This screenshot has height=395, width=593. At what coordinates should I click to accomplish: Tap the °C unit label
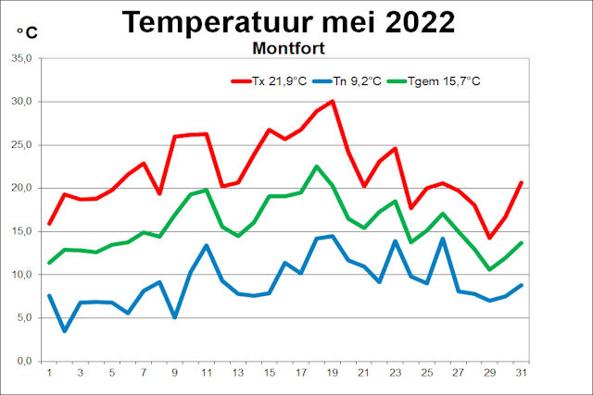[27, 33]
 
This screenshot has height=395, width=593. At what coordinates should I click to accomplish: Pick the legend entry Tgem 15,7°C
[438, 80]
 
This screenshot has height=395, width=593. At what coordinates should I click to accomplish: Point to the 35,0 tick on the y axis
[20, 58]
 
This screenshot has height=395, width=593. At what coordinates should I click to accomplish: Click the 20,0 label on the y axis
[20, 188]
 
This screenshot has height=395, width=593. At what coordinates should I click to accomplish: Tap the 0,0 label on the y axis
[23, 361]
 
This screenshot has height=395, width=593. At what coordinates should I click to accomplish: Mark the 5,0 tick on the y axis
[23, 317]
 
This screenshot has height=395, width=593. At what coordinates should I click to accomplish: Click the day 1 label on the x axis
[49, 374]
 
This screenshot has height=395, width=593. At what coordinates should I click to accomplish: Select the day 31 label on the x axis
[522, 374]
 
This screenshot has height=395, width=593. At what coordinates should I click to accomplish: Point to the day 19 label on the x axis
[333, 374]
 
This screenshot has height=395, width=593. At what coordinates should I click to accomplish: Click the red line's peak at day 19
[333, 102]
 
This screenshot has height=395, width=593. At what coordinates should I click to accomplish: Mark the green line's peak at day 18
[317, 167]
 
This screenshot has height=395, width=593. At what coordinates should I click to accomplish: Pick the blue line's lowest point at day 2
[65, 330]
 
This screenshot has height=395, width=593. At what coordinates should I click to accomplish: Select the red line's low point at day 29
[490, 238]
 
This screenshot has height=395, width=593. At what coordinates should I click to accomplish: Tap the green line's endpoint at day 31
[522, 242]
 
